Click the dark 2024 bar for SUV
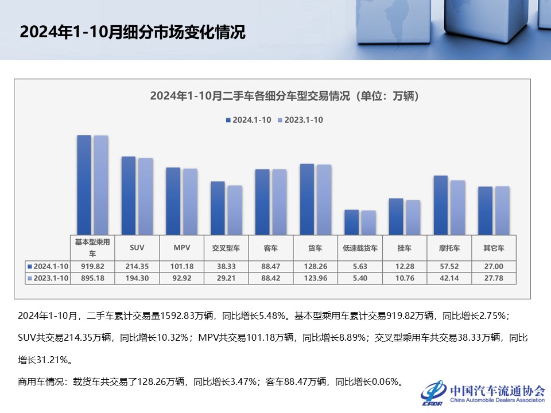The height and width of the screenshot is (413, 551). (129, 195)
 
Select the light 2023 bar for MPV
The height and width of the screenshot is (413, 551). (190, 201)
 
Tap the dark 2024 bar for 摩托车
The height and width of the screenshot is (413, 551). (441, 205)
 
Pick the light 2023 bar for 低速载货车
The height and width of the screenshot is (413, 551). (368, 223)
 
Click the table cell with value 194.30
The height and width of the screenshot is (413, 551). (137, 278)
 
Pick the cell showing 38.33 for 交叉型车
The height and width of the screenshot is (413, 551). (226, 266)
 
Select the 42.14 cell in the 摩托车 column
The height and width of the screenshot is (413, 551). (449, 278)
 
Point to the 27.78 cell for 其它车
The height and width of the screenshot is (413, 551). (494, 278)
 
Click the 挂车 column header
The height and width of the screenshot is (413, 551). (404, 248)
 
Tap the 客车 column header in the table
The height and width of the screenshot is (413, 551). (270, 248)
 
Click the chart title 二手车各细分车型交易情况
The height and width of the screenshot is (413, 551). (285, 96)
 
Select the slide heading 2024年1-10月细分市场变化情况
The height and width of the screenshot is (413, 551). (133, 32)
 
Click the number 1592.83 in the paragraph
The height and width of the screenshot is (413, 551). (176, 315)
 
